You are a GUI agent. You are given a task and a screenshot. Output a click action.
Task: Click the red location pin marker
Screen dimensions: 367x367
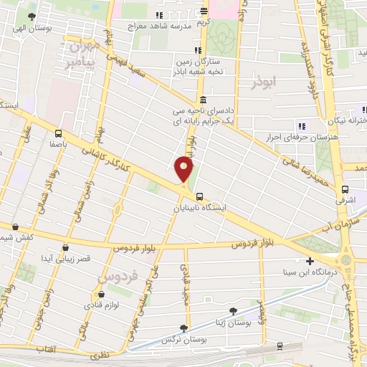click(x=184, y=169)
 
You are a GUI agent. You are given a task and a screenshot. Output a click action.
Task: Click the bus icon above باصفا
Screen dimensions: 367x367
click(x=57, y=133)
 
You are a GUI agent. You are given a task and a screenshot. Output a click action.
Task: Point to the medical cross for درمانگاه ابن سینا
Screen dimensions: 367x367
click(x=310, y=261)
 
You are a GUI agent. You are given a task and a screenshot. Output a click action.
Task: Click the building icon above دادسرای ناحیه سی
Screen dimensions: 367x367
click(x=204, y=100)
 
